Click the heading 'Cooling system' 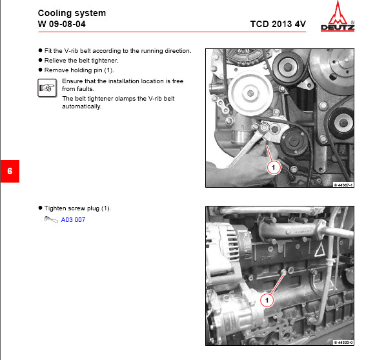point(72,13)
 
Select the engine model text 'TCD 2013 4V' point(278,25)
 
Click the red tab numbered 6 point(10,172)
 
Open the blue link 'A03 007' point(73,220)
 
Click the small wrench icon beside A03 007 point(50,220)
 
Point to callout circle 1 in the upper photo point(272,167)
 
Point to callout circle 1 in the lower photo point(266,300)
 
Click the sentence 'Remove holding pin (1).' point(79,70)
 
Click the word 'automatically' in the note point(81,106)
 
